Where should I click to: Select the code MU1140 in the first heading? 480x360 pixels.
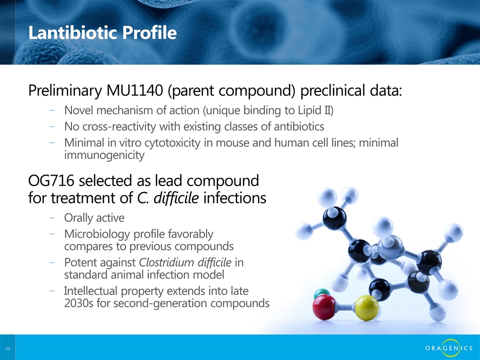tap(134, 90)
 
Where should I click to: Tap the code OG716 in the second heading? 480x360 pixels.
tap(51, 180)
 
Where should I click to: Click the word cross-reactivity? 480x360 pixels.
tap(119, 126)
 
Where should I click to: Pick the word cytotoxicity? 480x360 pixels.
tap(172, 143)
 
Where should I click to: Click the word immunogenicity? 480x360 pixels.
tap(104, 155)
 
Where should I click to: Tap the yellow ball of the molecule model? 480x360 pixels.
tap(366, 307)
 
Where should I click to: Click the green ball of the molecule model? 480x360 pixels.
tap(321, 293)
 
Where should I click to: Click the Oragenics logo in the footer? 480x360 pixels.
tap(448, 348)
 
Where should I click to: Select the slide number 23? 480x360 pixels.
tap(7, 348)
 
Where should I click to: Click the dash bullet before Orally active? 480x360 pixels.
tap(52, 217)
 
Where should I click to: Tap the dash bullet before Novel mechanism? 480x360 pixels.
tap(52, 110)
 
